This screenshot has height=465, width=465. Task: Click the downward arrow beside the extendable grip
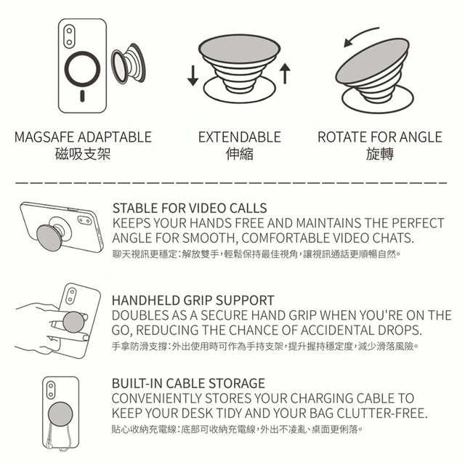(x=193, y=76)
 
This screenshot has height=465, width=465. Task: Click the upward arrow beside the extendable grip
(x=285, y=73)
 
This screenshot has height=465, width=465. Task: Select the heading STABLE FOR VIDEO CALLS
(x=190, y=209)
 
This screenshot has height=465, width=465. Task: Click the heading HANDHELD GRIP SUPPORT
(x=193, y=300)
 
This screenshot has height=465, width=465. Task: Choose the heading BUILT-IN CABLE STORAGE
(x=188, y=384)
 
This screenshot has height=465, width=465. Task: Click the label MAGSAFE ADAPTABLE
(x=83, y=137)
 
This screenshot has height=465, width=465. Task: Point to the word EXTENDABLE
(x=240, y=137)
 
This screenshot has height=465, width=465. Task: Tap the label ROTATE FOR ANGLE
(x=380, y=137)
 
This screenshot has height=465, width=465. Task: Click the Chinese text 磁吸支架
(x=83, y=154)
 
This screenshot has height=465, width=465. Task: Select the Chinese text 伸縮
(x=240, y=154)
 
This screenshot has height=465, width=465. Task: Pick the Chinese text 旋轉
(x=380, y=154)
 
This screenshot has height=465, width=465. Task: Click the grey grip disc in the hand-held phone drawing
(x=74, y=322)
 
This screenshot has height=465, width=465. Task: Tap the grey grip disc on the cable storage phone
(x=60, y=414)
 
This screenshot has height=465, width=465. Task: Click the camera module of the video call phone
(x=84, y=220)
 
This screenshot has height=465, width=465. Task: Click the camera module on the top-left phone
(x=69, y=36)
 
